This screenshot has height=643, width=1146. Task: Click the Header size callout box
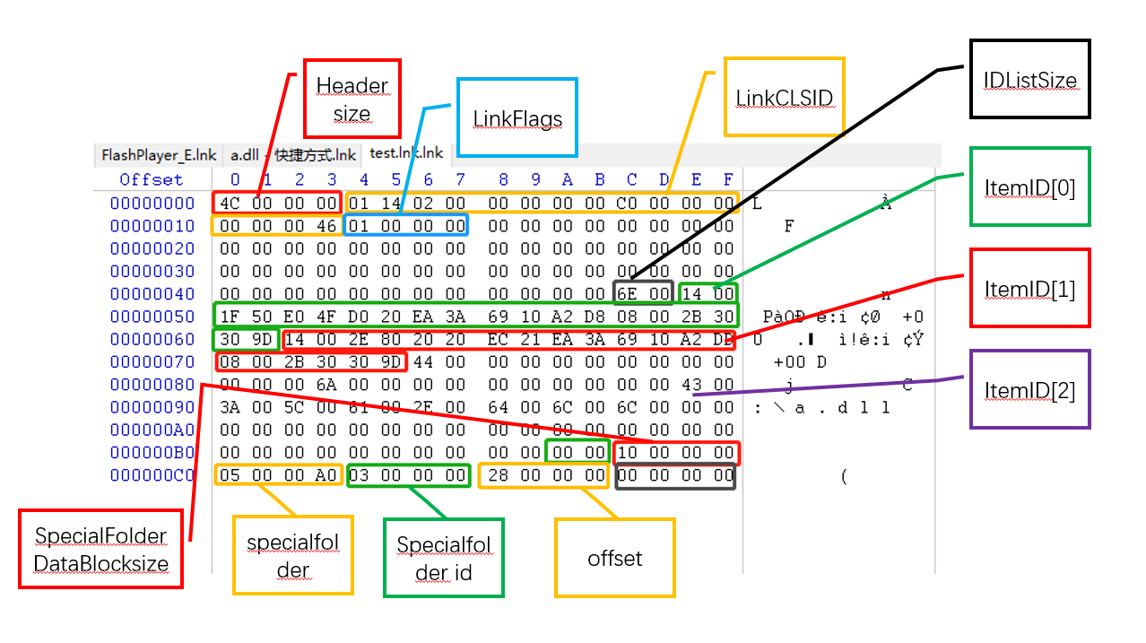coord(352,100)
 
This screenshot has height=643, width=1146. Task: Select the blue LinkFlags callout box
coord(517,118)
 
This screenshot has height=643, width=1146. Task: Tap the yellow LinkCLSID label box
coord(784,97)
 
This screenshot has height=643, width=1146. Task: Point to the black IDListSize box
coord(1029,79)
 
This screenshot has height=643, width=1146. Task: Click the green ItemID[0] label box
coord(1029,187)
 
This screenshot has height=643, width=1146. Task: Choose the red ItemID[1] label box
coord(1029,288)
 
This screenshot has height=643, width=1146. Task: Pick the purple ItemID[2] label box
coord(1029,389)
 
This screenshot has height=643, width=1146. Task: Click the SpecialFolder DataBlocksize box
coord(100,550)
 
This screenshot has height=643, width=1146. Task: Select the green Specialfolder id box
coord(444,558)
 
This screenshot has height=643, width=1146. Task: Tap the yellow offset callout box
coord(614,558)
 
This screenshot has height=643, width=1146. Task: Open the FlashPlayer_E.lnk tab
coord(159,154)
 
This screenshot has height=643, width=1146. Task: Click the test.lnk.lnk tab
coord(406,154)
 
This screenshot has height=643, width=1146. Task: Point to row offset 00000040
coord(152,294)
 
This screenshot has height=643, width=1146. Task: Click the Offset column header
coord(152,179)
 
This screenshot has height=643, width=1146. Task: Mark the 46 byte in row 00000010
coord(326,226)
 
